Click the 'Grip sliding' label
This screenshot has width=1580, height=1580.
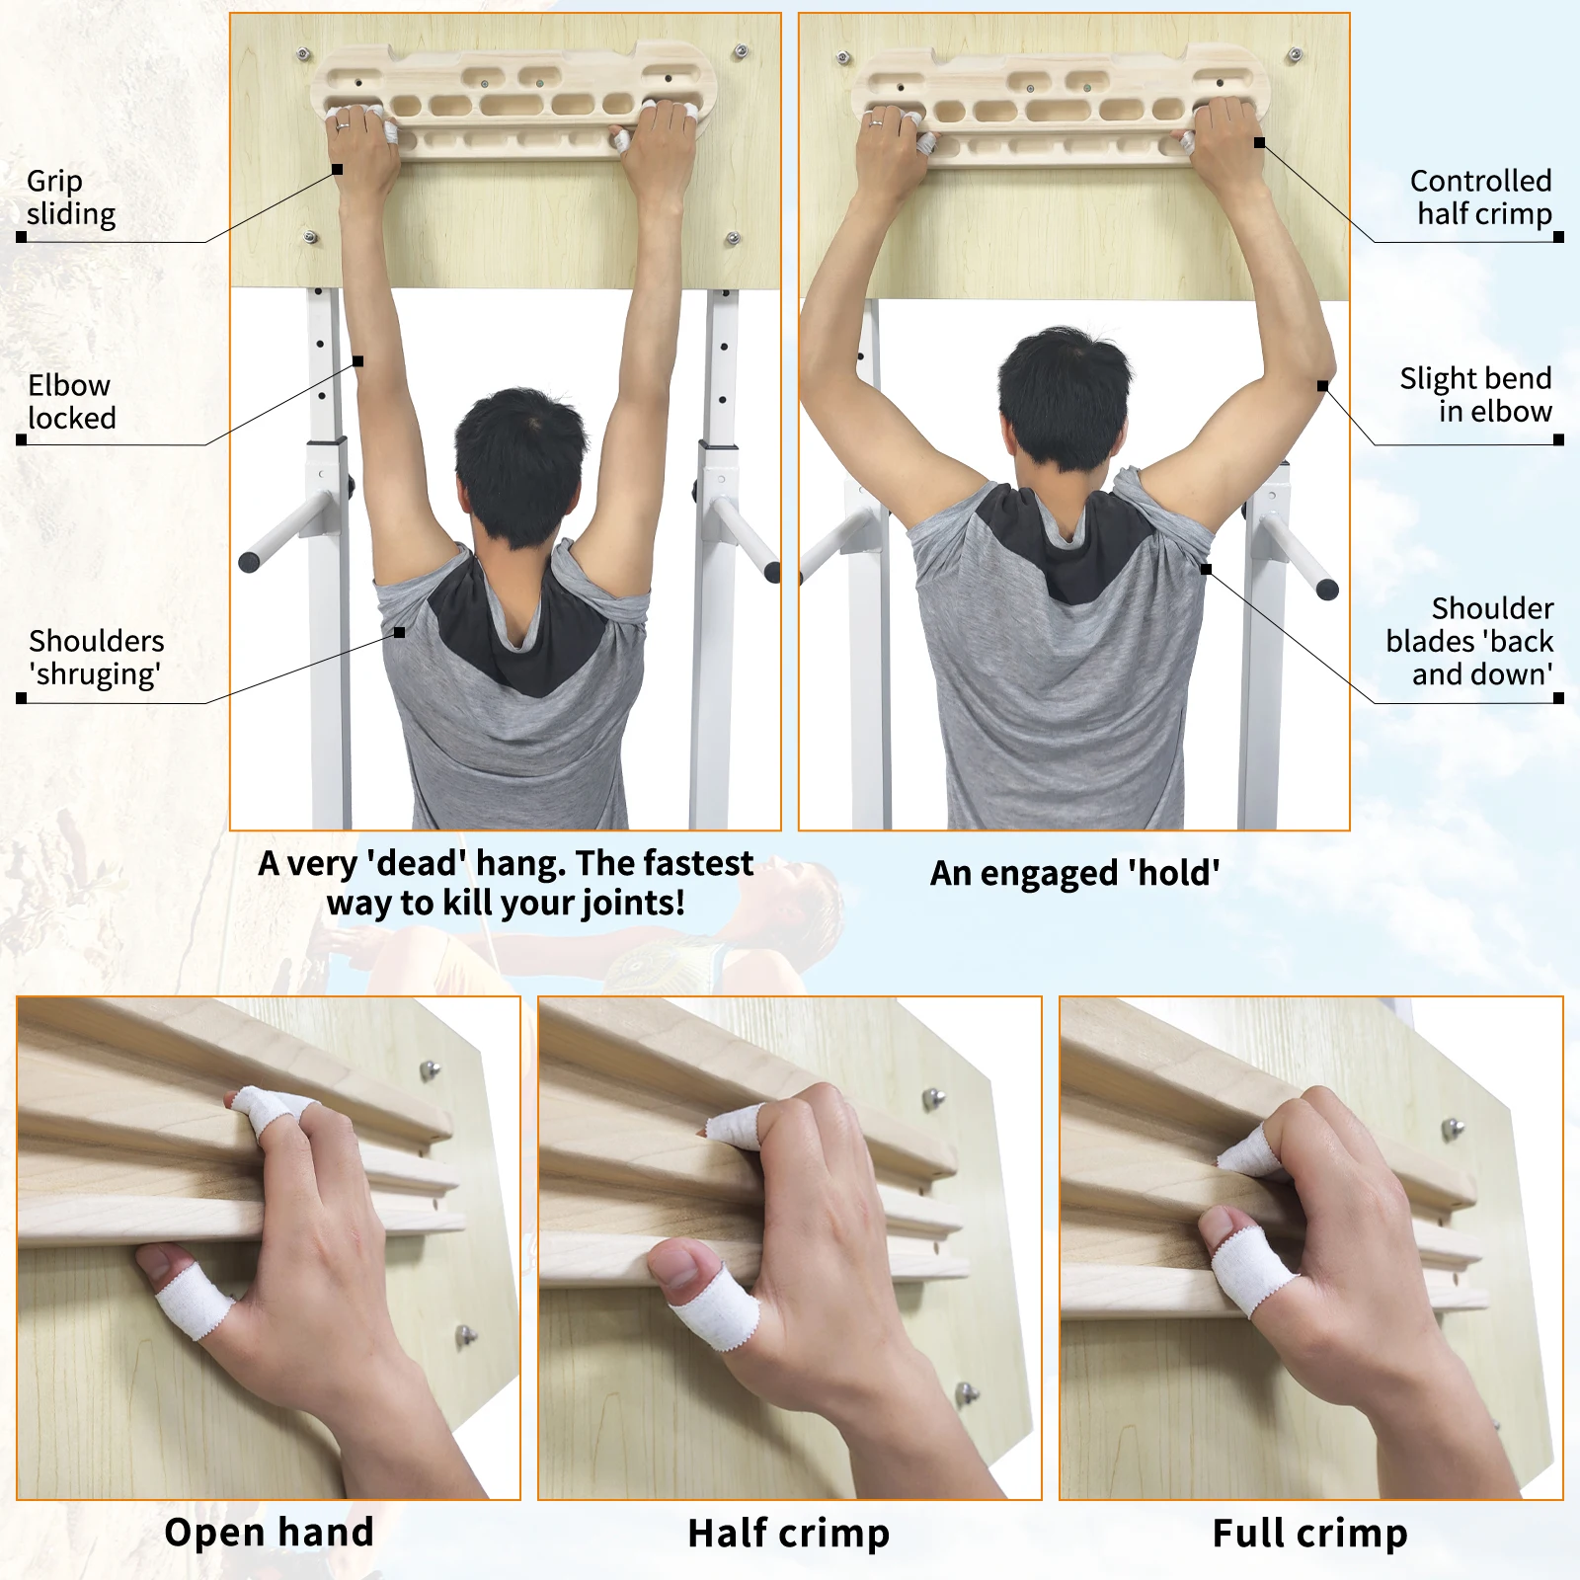[71, 197]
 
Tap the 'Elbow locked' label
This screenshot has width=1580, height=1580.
[71, 401]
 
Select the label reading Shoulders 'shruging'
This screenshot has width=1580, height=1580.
[96, 658]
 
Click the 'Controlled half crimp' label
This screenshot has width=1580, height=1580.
[1480, 197]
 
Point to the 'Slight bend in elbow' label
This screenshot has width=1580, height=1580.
[1475, 395]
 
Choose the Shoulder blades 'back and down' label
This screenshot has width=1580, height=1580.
[1469, 641]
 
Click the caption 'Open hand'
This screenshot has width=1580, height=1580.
[269, 1533]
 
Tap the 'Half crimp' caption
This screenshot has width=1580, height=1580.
[789, 1534]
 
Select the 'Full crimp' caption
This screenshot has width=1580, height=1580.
[1309, 1534]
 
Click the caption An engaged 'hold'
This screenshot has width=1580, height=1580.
[1074, 873]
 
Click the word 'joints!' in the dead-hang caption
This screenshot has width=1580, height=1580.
[633, 904]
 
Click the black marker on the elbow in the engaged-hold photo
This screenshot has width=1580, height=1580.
[1322, 386]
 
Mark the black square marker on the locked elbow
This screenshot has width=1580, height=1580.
[358, 361]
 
